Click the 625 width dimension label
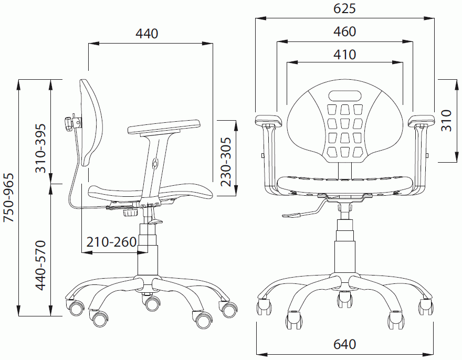click(344, 8)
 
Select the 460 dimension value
click(344, 31)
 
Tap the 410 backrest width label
click(344, 55)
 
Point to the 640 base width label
click(344, 344)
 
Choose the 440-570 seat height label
click(40, 265)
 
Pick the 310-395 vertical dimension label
click(40, 148)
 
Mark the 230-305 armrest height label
click(226, 162)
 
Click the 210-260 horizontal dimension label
click(111, 242)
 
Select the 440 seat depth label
click(146, 34)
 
